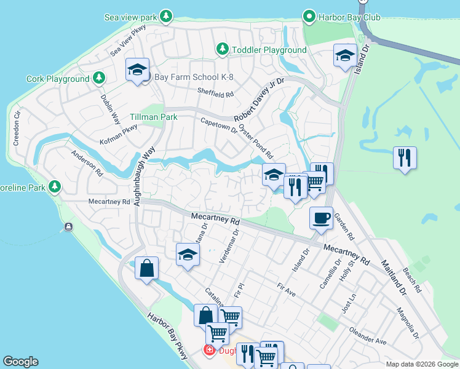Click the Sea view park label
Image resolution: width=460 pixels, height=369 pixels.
pyautogui.click(x=130, y=17)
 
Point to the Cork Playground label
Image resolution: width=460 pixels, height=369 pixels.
pyautogui.click(x=58, y=79)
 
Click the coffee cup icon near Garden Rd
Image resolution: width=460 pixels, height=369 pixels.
pyautogui.click(x=320, y=218)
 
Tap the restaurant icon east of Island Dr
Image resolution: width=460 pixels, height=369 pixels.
pyautogui.click(x=405, y=157)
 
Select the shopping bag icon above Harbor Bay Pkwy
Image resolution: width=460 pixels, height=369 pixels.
pyautogui.click(x=146, y=269)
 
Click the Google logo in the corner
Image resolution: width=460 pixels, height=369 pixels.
pyautogui.click(x=21, y=362)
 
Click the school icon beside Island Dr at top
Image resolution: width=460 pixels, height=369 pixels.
pyautogui.click(x=345, y=55)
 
